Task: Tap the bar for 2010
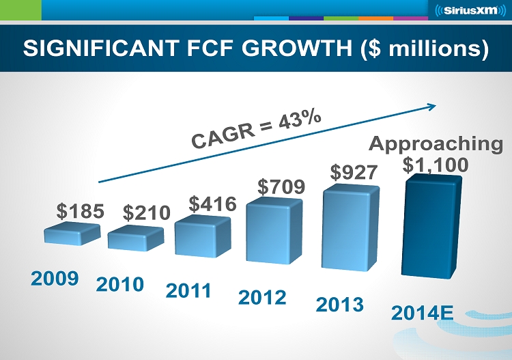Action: click(x=135, y=238)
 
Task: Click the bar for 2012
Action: click(x=274, y=230)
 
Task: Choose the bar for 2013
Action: click(x=350, y=225)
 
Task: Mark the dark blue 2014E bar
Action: click(x=431, y=225)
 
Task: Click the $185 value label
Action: click(x=80, y=211)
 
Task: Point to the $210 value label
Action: click(x=146, y=212)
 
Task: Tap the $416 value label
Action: click(x=212, y=204)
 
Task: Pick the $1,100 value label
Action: click(x=435, y=165)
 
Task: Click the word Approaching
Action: click(x=436, y=144)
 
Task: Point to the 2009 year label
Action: click(x=55, y=278)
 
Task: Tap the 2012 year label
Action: click(x=262, y=297)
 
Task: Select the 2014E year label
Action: click(x=423, y=314)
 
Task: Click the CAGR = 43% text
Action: click(x=256, y=130)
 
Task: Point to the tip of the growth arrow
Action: click(x=435, y=105)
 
